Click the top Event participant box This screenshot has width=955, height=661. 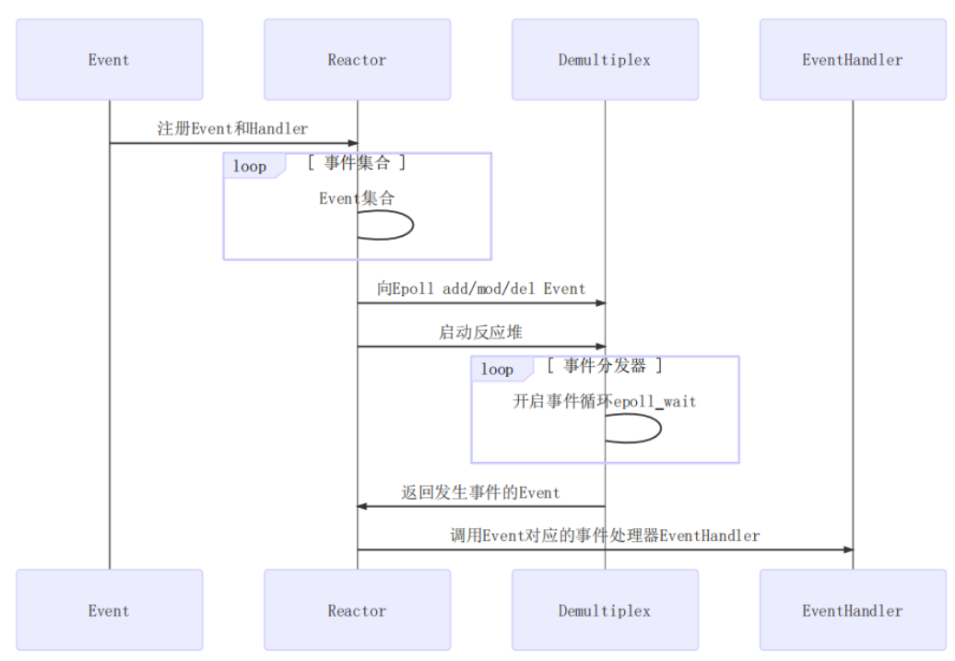(x=109, y=60)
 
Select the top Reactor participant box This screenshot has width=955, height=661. (x=357, y=60)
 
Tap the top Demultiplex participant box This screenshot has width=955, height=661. (x=605, y=60)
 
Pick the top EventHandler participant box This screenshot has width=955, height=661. (x=852, y=60)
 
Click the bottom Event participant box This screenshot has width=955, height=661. (x=109, y=610)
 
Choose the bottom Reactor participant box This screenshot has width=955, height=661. (x=357, y=610)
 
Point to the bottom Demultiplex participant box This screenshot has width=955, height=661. (x=605, y=610)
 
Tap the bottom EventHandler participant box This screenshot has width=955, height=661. (x=852, y=610)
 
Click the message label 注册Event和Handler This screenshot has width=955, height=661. (x=232, y=129)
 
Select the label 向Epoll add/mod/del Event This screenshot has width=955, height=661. (x=480, y=289)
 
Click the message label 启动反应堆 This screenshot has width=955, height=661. (x=480, y=333)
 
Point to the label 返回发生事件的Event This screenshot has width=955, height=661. (x=480, y=492)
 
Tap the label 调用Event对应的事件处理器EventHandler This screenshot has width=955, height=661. (x=605, y=536)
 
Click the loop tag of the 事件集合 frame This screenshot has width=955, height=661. (x=250, y=166)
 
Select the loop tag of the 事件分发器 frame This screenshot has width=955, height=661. (x=498, y=370)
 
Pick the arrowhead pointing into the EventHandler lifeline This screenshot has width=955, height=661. (x=848, y=549)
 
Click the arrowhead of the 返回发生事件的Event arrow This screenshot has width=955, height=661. (x=363, y=506)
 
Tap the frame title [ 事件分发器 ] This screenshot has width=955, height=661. (x=605, y=366)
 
